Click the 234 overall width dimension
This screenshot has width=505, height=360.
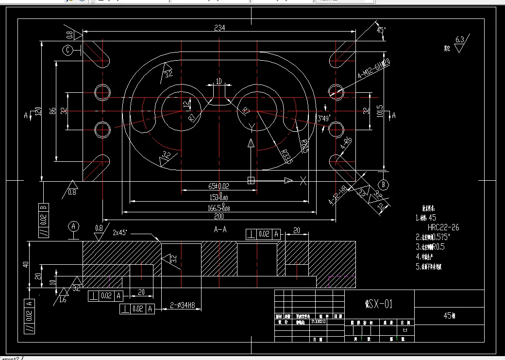[219, 28]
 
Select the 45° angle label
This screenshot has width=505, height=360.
[381, 30]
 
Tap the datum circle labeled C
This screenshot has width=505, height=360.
[68, 50]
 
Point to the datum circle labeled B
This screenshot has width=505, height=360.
[383, 185]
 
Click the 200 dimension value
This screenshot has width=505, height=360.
[219, 216]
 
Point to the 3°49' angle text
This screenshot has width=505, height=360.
[324, 118]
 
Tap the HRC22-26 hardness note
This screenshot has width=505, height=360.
[443, 227]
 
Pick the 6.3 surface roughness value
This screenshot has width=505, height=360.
[460, 40]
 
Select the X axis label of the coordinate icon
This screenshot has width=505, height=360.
[303, 181]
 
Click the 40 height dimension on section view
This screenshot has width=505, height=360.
[26, 264]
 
